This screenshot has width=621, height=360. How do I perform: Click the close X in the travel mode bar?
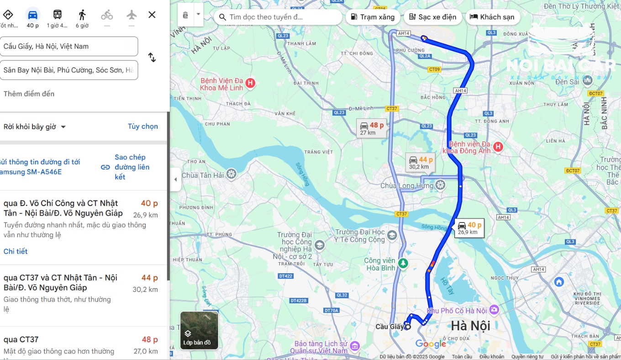152,15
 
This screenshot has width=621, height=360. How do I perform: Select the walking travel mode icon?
82,15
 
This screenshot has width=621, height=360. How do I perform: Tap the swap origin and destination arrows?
152,58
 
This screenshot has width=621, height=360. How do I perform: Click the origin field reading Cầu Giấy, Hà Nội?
69,46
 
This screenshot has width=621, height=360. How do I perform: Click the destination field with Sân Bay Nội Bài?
69,70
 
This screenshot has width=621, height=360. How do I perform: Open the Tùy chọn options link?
142,127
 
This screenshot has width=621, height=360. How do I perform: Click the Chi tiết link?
16,251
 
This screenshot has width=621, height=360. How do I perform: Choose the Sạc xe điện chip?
431,17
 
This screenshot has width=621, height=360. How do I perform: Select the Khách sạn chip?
492,17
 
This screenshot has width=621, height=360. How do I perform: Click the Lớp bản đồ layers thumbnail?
199,330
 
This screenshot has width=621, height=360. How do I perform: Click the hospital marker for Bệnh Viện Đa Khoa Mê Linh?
250,83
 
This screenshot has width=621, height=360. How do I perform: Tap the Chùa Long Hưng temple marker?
440,185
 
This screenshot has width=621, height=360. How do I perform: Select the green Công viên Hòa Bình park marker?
403,263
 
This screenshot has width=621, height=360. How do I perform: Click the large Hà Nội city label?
470,326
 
